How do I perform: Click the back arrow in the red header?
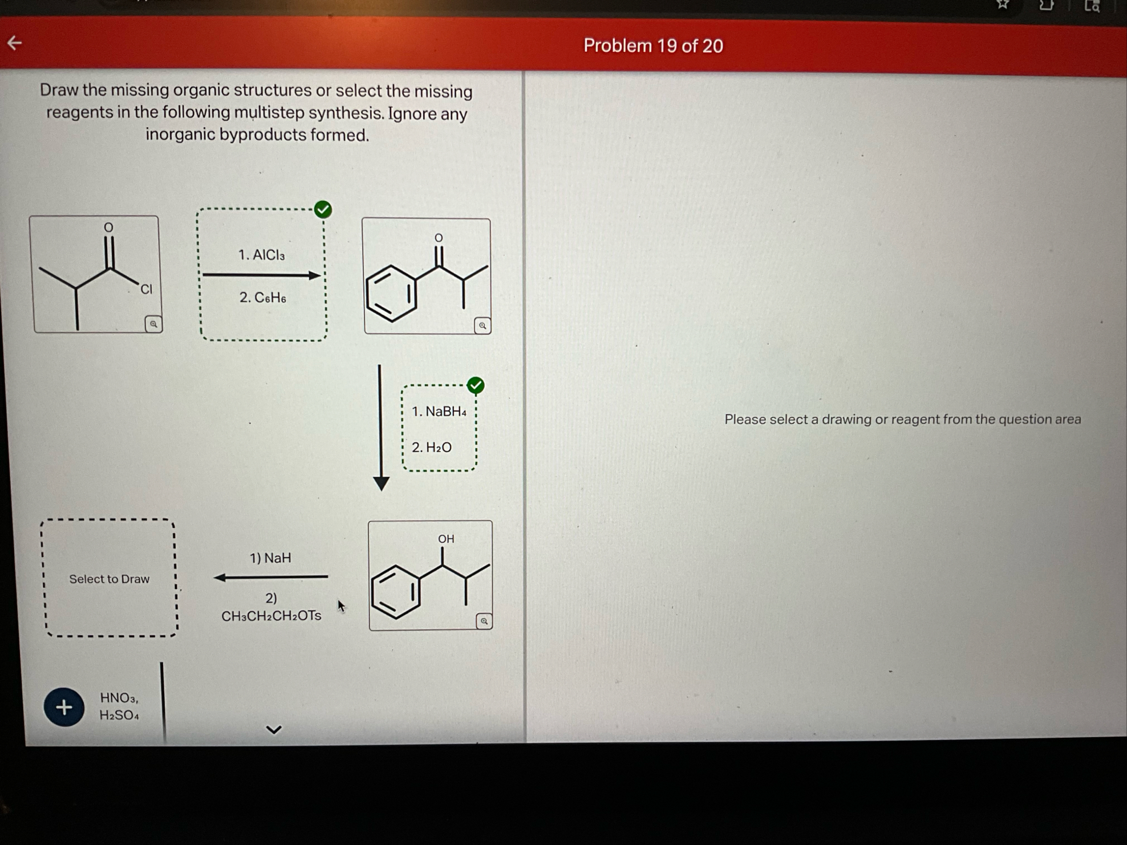tap(15, 43)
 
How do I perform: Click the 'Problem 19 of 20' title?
tap(653, 46)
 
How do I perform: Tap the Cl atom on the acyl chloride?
tap(147, 289)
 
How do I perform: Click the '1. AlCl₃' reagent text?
tap(261, 255)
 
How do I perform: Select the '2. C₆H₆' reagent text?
tap(262, 298)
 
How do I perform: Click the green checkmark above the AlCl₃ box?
tap(323, 209)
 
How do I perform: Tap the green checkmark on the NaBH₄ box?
tap(476, 385)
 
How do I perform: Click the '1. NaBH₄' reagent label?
tap(439, 412)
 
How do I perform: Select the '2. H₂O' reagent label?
tap(432, 448)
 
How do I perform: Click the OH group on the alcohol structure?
tap(446, 539)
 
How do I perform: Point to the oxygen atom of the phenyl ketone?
tap(439, 238)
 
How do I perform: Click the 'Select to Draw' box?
tap(109, 578)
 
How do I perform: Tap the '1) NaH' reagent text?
tap(270, 558)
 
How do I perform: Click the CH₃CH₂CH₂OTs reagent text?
tap(271, 616)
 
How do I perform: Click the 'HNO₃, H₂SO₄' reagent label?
tap(119, 706)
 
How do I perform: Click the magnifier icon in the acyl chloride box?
tap(153, 324)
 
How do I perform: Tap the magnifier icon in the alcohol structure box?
tap(484, 621)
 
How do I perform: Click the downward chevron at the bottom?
tap(274, 729)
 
